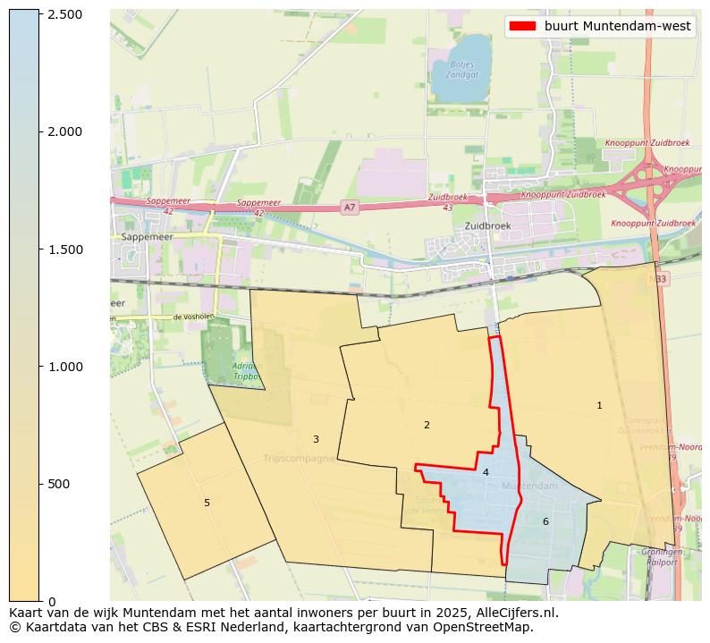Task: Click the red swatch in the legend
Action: pyautogui.click(x=522, y=26)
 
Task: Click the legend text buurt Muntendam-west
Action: pyautogui.click(x=617, y=26)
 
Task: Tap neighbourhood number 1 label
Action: pyautogui.click(x=599, y=405)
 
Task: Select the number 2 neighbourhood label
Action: pyautogui.click(x=427, y=425)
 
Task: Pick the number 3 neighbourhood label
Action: pyautogui.click(x=316, y=439)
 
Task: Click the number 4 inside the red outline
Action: pyautogui.click(x=486, y=472)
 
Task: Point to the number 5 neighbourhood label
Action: pyautogui.click(x=207, y=503)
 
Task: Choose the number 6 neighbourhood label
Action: pyautogui.click(x=545, y=521)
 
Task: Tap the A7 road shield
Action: pyautogui.click(x=350, y=207)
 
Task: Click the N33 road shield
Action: pyautogui.click(x=659, y=279)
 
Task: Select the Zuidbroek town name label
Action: pyautogui.click(x=487, y=226)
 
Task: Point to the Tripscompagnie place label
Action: pyautogui.click(x=299, y=459)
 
